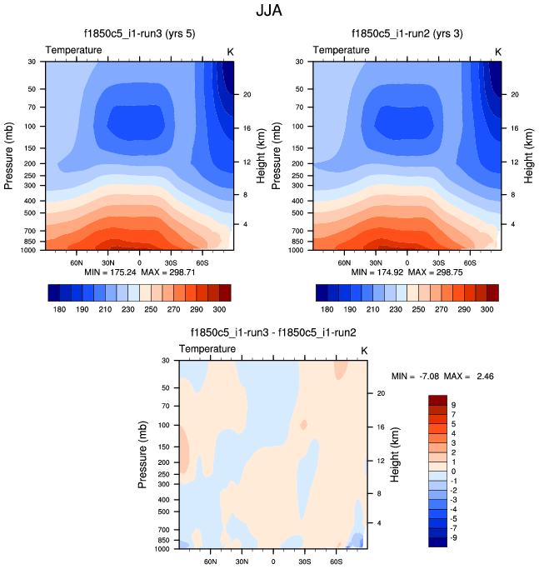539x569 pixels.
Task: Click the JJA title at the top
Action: [x=269, y=12]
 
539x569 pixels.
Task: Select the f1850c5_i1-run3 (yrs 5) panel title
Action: [x=138, y=34]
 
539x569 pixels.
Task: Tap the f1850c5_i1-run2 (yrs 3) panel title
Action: [x=407, y=34]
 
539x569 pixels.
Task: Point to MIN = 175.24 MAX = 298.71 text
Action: [x=138, y=272]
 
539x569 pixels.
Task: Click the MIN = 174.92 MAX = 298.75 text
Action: [x=407, y=272]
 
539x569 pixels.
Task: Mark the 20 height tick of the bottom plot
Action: [x=378, y=392]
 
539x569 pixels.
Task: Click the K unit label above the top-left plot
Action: [x=231, y=51]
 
